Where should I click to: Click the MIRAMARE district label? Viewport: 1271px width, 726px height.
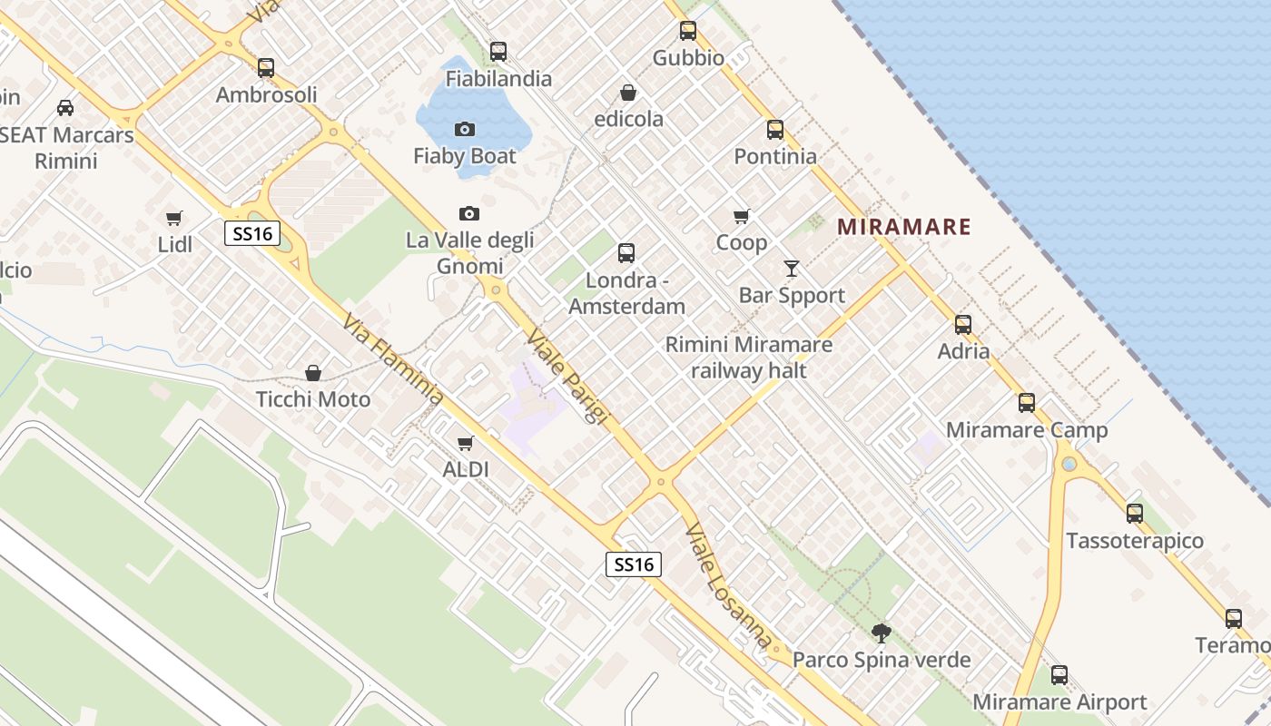tap(904, 227)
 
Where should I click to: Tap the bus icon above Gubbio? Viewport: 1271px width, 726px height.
tap(688, 31)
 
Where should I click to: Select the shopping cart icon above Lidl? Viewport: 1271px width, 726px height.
tap(174, 218)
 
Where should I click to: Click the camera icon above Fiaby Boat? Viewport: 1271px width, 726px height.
tap(464, 130)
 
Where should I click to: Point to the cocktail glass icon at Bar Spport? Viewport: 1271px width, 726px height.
tap(792, 269)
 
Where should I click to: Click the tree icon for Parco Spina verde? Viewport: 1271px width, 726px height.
tap(881, 633)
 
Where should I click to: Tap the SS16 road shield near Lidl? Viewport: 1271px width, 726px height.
tap(252, 234)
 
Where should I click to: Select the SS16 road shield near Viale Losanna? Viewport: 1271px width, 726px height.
tap(634, 564)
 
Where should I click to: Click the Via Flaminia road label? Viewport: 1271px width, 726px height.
tap(393, 359)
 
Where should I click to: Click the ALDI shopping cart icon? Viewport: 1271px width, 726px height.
tap(466, 443)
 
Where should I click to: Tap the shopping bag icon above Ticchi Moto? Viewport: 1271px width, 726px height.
tap(313, 373)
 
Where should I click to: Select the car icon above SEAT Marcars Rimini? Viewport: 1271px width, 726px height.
tap(65, 108)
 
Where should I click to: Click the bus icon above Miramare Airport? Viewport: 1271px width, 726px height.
tap(1059, 675)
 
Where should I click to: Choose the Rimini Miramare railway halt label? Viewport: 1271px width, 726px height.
tap(749, 358)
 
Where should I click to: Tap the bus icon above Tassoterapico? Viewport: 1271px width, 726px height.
tap(1135, 514)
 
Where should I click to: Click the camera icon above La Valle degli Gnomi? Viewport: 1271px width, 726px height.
tap(468, 214)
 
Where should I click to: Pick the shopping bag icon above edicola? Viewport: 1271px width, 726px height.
tap(628, 93)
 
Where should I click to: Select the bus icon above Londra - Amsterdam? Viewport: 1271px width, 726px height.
tap(626, 253)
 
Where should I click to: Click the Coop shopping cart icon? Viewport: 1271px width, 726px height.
tap(742, 217)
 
